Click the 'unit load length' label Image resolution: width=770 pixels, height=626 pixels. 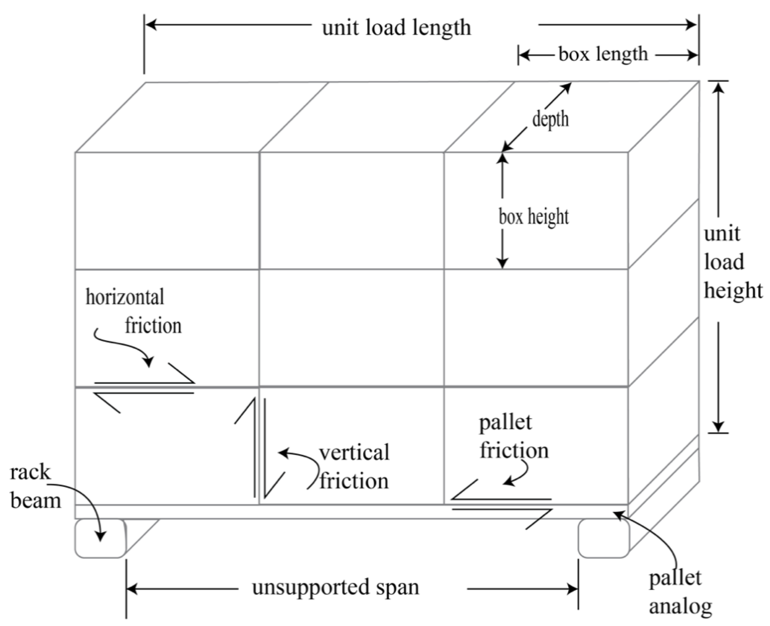[x=396, y=27]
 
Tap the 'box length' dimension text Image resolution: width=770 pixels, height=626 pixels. [x=603, y=54]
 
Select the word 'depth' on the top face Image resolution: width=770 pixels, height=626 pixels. [x=550, y=119]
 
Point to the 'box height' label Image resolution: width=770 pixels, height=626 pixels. [x=533, y=217]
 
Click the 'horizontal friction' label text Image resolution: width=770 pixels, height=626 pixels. [x=133, y=311]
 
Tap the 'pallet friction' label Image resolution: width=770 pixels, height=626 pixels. [x=513, y=437]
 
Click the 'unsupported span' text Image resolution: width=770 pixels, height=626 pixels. [x=335, y=587]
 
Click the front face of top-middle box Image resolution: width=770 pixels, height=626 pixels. [x=352, y=211]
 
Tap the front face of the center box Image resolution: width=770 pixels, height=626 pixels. [x=352, y=328]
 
